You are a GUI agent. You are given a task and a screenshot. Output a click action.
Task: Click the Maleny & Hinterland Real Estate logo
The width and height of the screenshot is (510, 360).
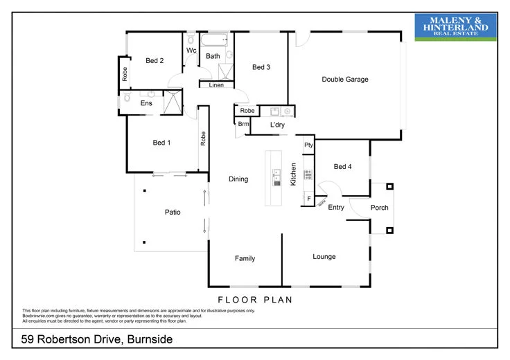tap(455, 26)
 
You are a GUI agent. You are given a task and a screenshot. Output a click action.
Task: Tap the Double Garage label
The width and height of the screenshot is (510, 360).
tap(345, 80)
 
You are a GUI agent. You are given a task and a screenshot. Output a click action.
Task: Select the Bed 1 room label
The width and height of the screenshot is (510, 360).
tap(161, 143)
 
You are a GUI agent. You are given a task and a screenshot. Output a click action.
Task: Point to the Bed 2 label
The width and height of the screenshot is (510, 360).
tap(155, 61)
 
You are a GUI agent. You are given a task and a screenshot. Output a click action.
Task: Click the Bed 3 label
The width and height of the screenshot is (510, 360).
tap(261, 67)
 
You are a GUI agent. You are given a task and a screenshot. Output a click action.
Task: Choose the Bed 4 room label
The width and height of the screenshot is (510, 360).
tap(343, 167)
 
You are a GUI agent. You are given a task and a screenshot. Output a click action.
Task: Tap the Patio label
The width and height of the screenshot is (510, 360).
tap(173, 213)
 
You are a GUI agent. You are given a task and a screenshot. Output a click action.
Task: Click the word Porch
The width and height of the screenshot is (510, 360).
tap(380, 208)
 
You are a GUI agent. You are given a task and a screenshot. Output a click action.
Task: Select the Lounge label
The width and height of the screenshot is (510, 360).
tap(324, 257)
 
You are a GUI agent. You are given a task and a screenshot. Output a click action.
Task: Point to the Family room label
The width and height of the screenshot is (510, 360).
tap(245, 259)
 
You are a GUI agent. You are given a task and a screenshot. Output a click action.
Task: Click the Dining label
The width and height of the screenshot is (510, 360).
tap(238, 179)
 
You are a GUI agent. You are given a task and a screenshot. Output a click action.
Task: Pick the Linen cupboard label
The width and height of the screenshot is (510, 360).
tap(216, 86)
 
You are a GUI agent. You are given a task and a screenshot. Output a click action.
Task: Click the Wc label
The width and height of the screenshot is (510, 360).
tap(191, 50)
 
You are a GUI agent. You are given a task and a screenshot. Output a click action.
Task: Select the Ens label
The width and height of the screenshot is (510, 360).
tap(146, 104)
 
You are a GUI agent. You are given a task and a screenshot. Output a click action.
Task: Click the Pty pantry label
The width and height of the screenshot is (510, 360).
tap(308, 145)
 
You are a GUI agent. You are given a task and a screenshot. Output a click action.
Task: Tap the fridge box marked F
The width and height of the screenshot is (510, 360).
tap(308, 199)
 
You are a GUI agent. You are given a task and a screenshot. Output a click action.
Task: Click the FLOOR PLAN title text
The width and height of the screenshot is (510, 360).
tap(254, 300)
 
